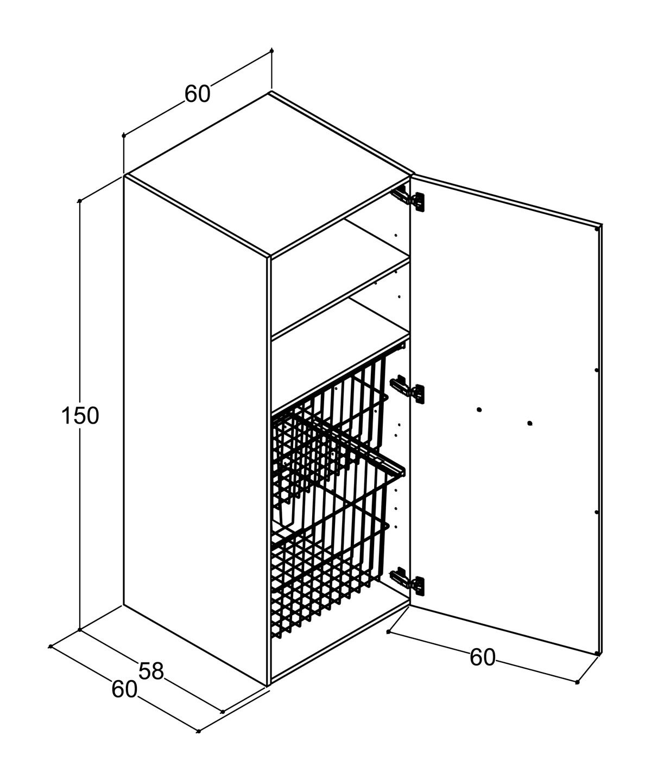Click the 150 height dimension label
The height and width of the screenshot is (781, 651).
[80, 416]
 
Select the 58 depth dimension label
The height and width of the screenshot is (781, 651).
[151, 671]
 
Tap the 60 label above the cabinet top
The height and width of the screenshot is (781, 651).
[197, 94]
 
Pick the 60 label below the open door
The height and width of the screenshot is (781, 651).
[482, 657]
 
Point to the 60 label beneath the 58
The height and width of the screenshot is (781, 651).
[124, 690]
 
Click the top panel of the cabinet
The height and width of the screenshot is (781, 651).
[266, 174]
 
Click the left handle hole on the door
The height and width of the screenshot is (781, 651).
[479, 409]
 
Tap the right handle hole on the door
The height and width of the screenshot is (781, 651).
[529, 423]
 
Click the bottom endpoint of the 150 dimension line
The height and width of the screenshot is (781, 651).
[80, 630]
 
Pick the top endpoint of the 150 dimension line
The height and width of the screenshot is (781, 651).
[80, 201]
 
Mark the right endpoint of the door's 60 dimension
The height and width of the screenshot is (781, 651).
[577, 682]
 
